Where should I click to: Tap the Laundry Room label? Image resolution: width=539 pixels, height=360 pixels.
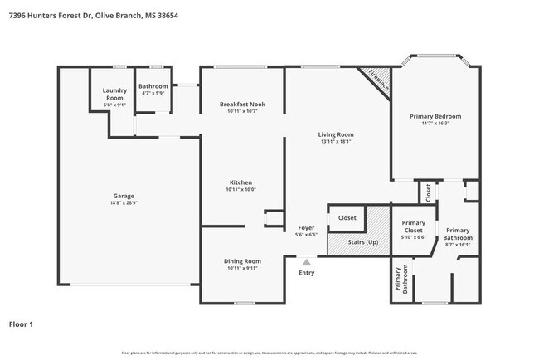pos(114,95)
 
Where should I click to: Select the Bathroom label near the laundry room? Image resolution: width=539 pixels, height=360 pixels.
pos(153,86)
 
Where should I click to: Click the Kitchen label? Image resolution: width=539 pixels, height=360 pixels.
pos(240,182)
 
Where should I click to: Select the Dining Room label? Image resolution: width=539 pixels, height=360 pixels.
pos(242,261)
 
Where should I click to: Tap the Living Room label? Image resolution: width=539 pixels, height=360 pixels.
pos(336,134)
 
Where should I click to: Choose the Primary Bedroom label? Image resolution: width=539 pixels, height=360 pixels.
pos(435,116)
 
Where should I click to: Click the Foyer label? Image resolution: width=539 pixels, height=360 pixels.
pos(306,228)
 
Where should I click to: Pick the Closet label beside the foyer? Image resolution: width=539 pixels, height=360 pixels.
pos(347,218)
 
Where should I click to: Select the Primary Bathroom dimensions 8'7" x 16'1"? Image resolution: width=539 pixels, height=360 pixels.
pos(458,244)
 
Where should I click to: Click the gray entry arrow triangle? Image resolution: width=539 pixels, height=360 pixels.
pos(306,261)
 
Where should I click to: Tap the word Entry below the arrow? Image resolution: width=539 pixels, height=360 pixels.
pos(306,272)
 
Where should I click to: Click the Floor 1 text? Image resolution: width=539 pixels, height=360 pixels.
pos(21,324)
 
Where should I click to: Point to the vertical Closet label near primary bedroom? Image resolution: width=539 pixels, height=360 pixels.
pos(428,192)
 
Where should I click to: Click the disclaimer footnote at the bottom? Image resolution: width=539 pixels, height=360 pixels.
pos(269,353)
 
